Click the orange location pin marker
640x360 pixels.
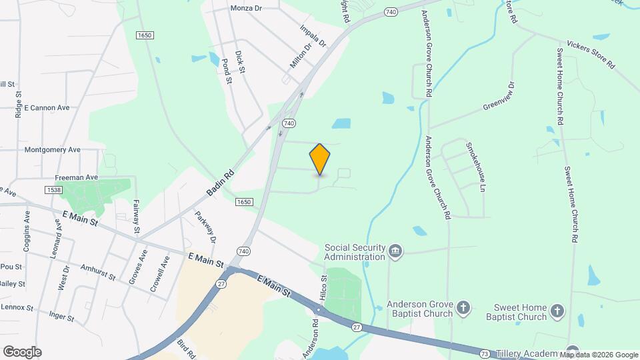click(320, 159)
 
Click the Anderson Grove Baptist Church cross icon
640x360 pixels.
click(464, 309)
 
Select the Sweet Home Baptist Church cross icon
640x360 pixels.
click(557, 310)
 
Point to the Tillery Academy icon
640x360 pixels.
click(573, 351)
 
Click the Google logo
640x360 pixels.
click(22, 352)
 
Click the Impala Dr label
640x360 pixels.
click(313, 36)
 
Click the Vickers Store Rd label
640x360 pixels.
click(590, 55)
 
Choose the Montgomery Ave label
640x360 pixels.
click(52, 150)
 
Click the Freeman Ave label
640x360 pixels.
click(76, 177)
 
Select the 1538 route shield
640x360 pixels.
click(54, 190)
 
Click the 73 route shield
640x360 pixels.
click(483, 353)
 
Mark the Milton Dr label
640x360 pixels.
click(301, 57)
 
